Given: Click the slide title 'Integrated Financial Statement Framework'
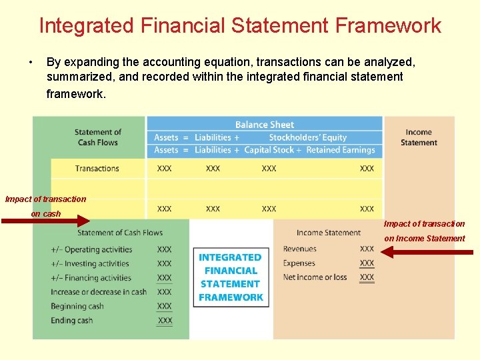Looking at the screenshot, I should (240, 25).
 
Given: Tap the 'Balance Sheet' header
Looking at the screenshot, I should (265, 125).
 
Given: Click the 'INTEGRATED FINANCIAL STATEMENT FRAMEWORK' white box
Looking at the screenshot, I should (231, 277).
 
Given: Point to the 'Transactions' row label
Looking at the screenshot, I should (97, 169).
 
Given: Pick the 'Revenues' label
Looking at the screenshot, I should (300, 249).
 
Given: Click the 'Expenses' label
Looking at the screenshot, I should (299, 263).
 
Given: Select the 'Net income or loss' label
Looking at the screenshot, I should (315, 277).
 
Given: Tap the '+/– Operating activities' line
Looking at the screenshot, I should (91, 250).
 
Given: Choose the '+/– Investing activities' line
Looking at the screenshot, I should (90, 264).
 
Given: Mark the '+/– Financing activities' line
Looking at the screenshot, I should (91, 278).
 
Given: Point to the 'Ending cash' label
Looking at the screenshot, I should (71, 321).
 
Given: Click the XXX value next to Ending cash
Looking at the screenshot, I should (165, 321).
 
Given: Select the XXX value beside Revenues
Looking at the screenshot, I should (367, 249).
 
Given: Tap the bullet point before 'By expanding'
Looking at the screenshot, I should (31, 63).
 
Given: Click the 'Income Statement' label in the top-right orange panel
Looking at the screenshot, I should (419, 137).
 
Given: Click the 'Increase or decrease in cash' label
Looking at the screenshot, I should (99, 292).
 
